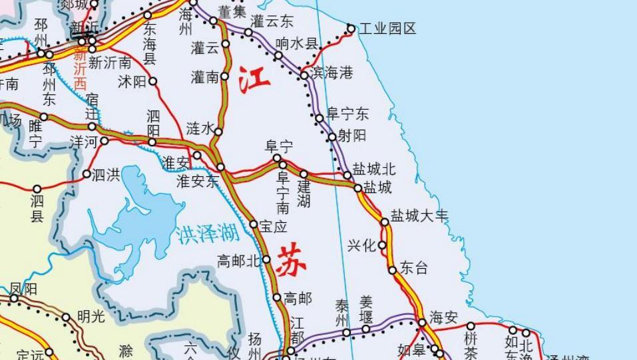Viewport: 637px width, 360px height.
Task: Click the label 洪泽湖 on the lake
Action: (207, 234)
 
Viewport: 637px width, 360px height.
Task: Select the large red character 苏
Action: (292, 260)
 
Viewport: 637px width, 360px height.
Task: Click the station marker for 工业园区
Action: (351, 28)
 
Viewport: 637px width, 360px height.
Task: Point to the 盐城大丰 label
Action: (419, 216)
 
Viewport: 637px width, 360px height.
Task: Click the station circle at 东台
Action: (393, 270)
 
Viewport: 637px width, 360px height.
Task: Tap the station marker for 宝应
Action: (254, 224)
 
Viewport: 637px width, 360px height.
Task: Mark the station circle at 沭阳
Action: (153, 81)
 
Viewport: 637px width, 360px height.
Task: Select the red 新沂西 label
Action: (80, 70)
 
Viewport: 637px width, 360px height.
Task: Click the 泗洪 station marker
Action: (87, 174)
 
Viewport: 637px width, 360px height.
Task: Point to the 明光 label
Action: (91, 317)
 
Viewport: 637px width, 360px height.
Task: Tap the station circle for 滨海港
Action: (304, 75)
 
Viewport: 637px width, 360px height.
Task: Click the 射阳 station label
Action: (352, 136)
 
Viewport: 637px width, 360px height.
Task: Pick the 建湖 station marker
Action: (304, 174)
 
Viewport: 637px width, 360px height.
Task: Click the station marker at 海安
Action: (422, 323)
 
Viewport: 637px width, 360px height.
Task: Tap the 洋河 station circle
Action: (105, 140)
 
